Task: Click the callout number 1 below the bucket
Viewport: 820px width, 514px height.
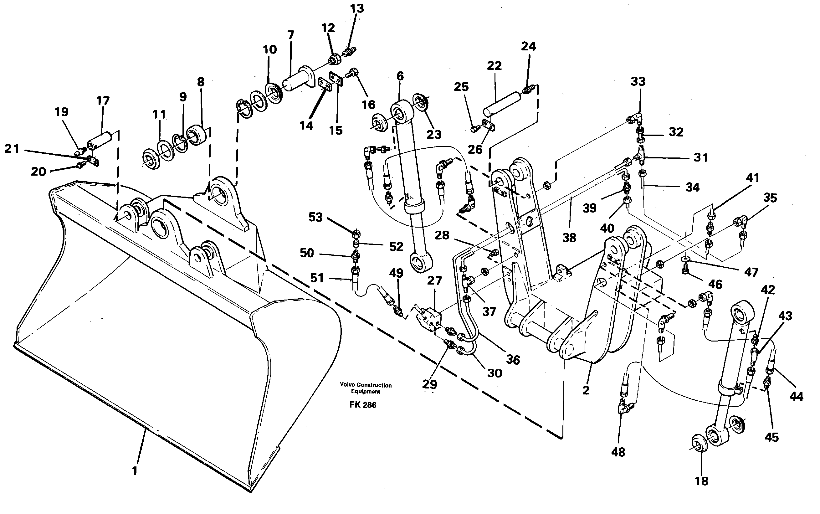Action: click(135, 471)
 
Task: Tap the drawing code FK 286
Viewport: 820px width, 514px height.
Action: click(363, 405)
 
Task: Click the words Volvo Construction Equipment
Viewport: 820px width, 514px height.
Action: click(365, 388)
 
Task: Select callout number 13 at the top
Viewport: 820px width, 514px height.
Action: click(357, 8)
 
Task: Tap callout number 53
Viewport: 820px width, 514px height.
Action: click(315, 217)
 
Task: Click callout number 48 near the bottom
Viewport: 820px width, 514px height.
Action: click(618, 452)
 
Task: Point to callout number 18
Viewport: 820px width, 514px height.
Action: click(701, 481)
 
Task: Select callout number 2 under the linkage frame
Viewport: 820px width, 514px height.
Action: click(586, 390)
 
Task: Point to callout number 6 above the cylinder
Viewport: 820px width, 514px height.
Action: click(400, 76)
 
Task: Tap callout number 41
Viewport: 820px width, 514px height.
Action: click(752, 178)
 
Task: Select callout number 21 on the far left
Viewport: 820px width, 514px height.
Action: click(12, 149)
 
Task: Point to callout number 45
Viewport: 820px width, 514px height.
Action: click(771, 437)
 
